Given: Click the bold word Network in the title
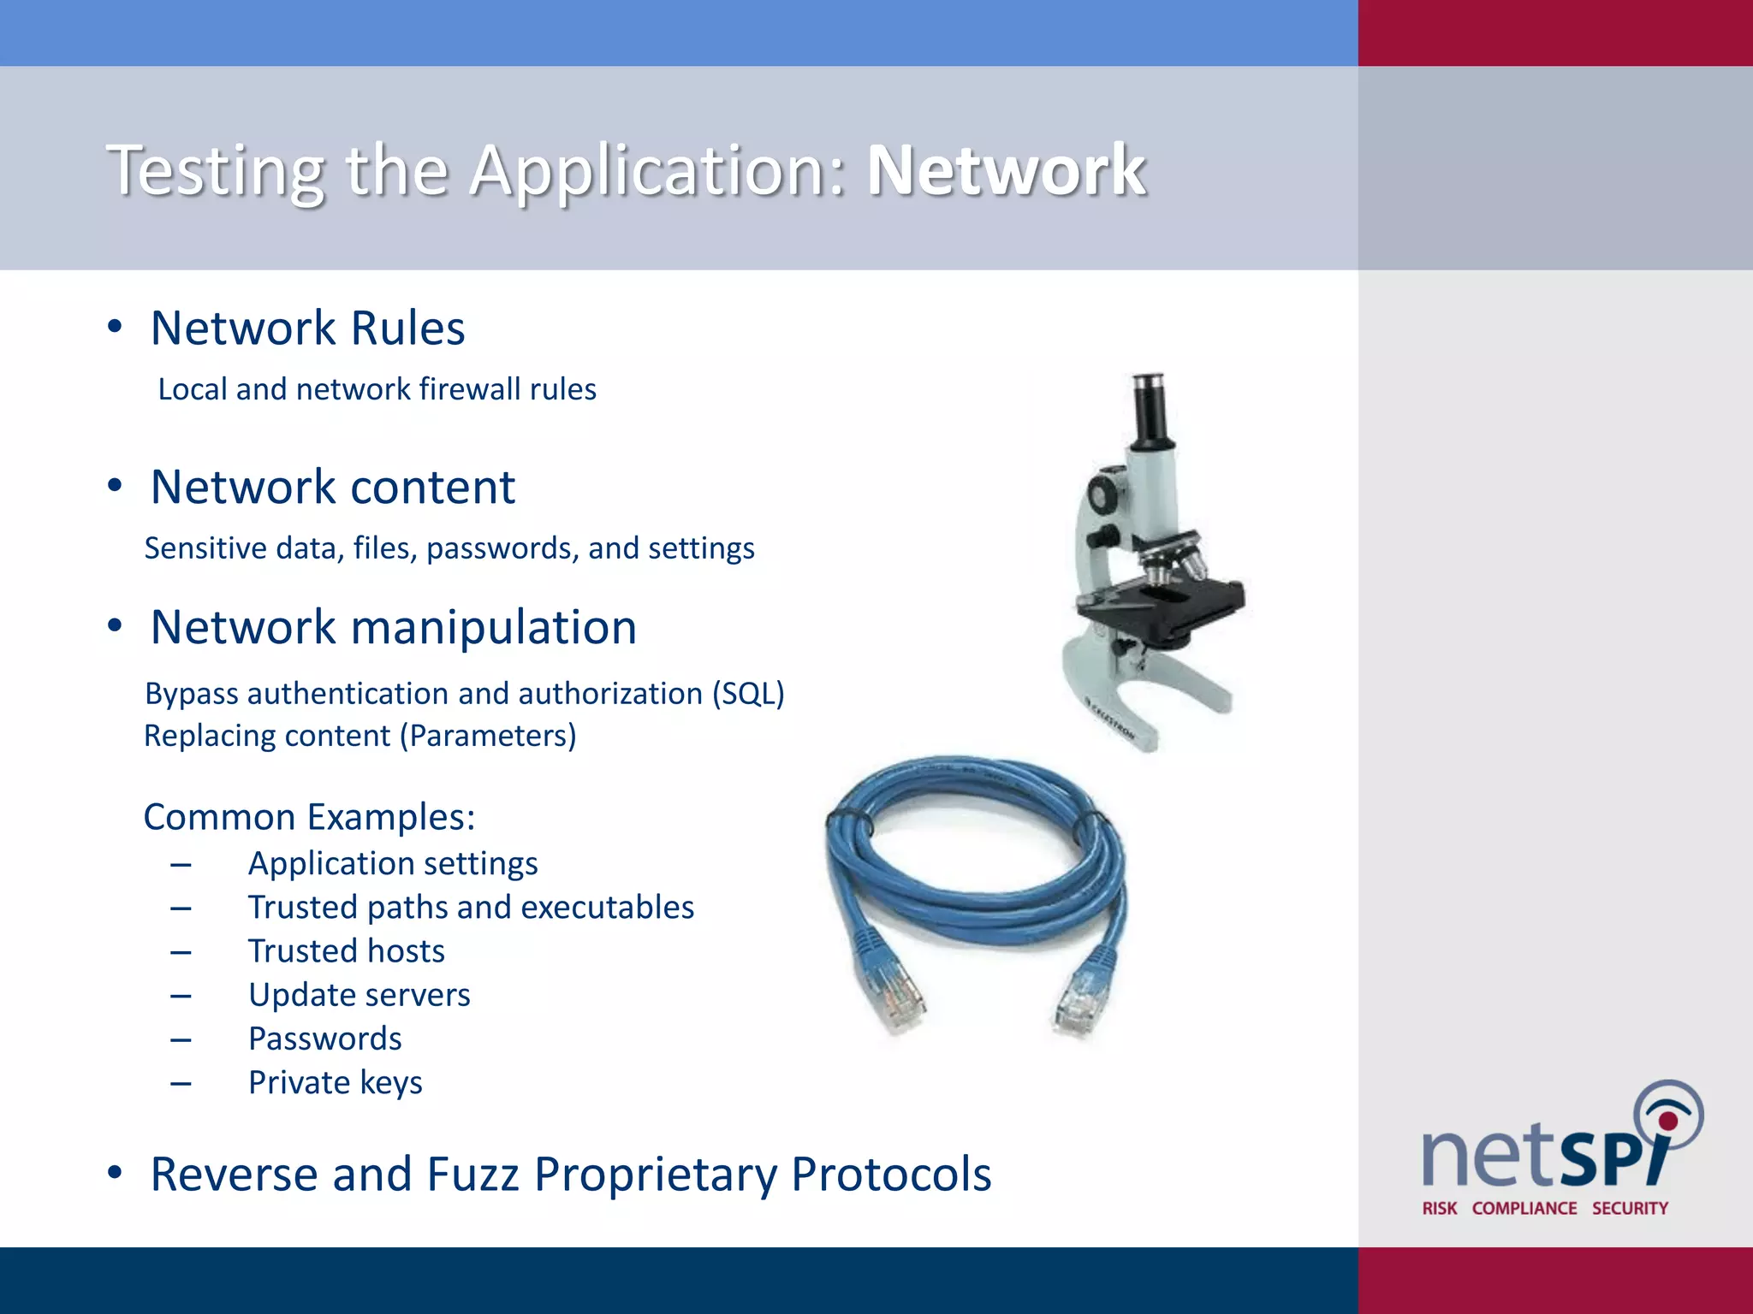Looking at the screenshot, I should click(x=1006, y=170).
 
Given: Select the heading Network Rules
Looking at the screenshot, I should click(x=307, y=328).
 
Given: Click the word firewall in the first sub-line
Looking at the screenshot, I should click(x=470, y=389).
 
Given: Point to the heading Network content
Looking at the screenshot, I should click(x=332, y=487).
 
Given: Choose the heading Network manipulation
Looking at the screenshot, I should click(x=393, y=627).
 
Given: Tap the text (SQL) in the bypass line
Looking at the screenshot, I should click(x=748, y=693).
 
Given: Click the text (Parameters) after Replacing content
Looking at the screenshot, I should click(x=488, y=736).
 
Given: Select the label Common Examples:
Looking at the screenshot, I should click(x=309, y=817).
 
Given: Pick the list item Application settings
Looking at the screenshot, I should click(x=393, y=863).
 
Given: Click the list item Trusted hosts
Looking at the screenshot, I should click(x=346, y=951).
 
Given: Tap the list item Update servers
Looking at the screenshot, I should click(x=359, y=995).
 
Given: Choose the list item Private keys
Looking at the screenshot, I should click(x=335, y=1083).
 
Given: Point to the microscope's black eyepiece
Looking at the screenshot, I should click(x=1147, y=411).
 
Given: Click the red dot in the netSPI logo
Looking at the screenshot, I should click(x=1668, y=1121).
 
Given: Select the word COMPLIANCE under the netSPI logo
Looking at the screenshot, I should click(x=1524, y=1209).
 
